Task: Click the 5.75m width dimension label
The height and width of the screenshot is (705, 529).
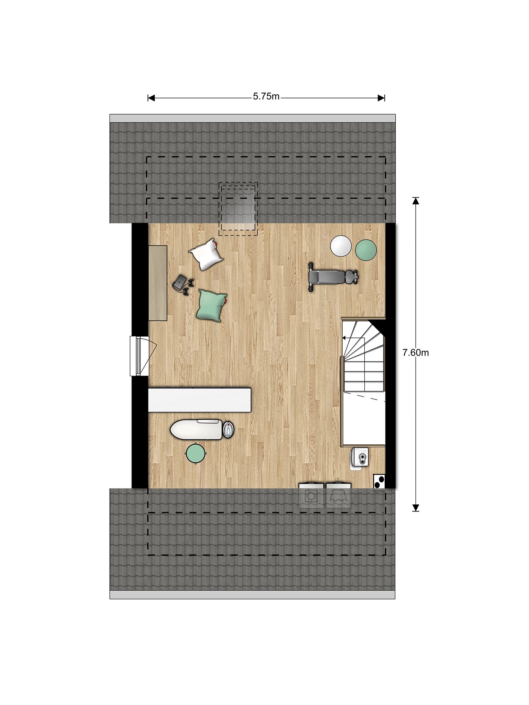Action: point(266,97)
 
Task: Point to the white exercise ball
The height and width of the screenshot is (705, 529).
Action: point(341,246)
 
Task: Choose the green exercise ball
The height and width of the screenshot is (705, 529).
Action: point(366,250)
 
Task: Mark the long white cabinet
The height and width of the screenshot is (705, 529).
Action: point(200,400)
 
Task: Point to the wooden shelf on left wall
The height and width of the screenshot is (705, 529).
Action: point(158,283)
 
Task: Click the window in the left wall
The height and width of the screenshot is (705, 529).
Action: point(139,356)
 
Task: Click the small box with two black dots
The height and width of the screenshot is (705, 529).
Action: point(379,481)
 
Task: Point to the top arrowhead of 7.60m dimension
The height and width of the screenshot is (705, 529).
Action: point(416,201)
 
